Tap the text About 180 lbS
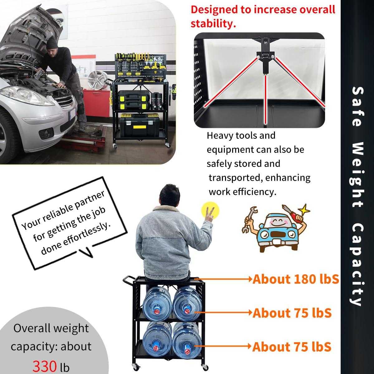295,279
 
